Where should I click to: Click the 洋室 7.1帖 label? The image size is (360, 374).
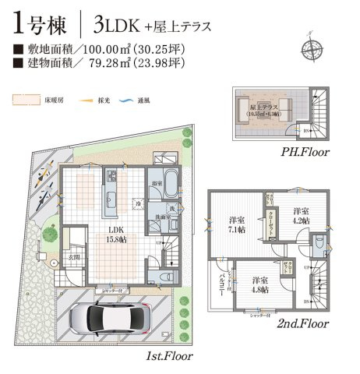pyautogui.click(x=235, y=224)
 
